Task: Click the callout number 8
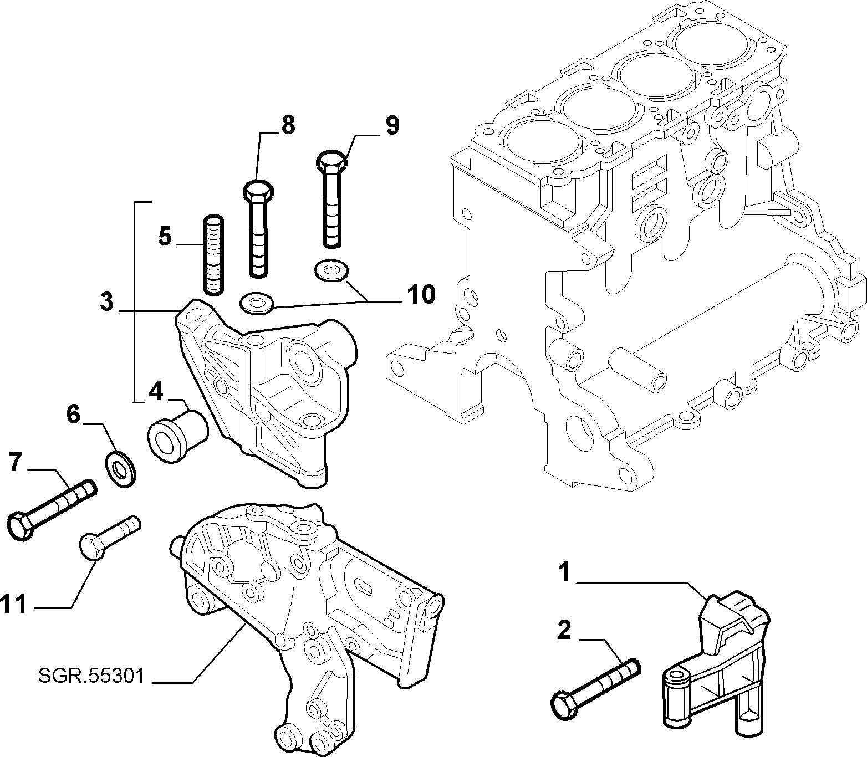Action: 288,125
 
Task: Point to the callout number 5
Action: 165,236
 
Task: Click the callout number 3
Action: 107,302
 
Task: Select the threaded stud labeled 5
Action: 214,254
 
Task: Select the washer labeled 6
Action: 120,469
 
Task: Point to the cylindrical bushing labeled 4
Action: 177,436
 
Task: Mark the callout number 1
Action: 564,572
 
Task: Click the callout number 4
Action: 156,392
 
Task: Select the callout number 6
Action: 73,415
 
